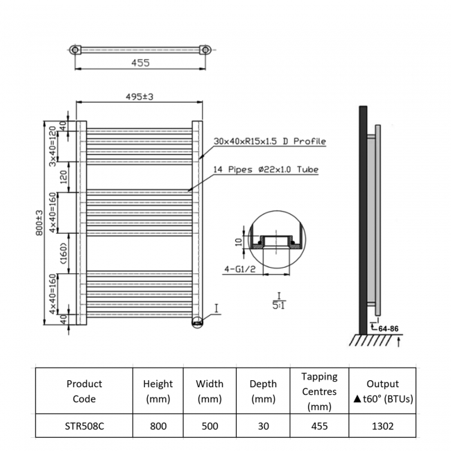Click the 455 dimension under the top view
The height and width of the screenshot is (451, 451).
point(139,62)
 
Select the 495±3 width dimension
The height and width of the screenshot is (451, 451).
point(140,97)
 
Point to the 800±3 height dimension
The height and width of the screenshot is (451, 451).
point(40,223)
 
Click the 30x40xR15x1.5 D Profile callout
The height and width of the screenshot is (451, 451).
point(269,142)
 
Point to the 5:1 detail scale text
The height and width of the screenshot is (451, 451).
point(278,303)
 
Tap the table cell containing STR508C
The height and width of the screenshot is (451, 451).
point(85,427)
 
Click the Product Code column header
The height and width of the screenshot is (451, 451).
point(85,391)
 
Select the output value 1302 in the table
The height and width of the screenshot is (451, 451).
point(382,427)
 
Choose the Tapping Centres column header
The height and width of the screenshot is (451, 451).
point(319,391)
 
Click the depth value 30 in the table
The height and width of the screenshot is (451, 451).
point(263,427)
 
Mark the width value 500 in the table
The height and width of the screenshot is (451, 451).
point(210,427)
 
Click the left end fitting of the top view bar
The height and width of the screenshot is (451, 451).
point(74,50)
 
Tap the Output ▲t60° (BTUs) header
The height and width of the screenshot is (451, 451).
point(382,391)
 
